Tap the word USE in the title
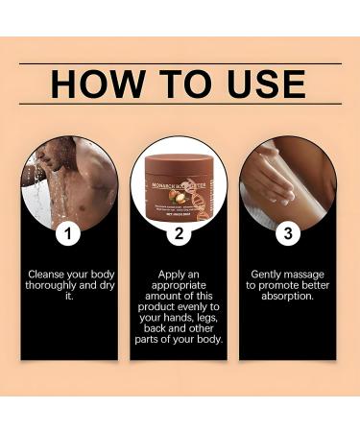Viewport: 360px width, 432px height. coord(260,84)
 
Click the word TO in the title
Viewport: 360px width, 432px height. coord(180,84)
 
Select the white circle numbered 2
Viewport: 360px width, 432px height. coord(179,231)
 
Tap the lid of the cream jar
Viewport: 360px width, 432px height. coord(179,156)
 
